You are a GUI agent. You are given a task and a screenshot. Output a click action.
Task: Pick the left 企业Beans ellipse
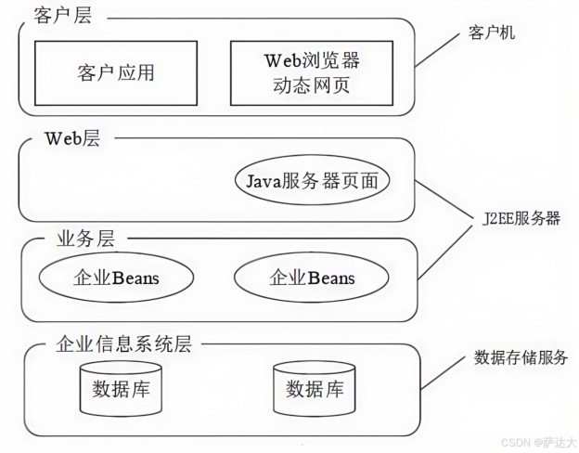pyautogui.click(x=116, y=278)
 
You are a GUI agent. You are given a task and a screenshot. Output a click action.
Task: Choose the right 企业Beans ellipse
pyautogui.click(x=311, y=278)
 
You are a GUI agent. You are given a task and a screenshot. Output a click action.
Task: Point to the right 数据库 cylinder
pyautogui.click(x=314, y=387)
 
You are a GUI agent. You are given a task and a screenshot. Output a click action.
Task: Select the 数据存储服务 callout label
pyautogui.click(x=521, y=357)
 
